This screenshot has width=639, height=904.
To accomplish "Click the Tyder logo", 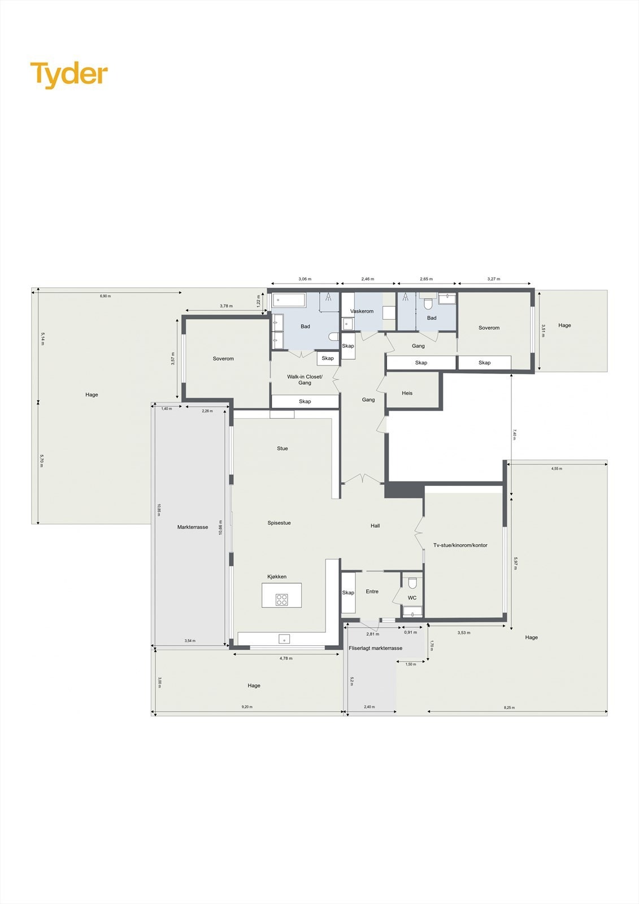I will (x=69, y=75).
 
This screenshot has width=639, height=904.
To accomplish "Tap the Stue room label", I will (x=282, y=449).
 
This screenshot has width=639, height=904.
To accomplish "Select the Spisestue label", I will (x=279, y=523).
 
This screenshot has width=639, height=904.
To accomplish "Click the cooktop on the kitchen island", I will (x=281, y=599).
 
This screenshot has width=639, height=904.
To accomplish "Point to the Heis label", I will (x=407, y=393).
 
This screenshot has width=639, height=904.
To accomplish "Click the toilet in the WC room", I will (x=412, y=583).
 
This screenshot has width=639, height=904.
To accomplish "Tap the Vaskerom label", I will (x=362, y=311).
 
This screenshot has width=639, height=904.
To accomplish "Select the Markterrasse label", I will (x=193, y=527).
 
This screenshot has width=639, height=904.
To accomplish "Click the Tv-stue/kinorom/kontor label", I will (x=460, y=545).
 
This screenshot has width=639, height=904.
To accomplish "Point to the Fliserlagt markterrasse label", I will (x=376, y=648).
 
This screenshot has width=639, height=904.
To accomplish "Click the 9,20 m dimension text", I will (x=247, y=707).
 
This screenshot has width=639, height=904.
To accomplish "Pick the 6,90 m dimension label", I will (x=105, y=296).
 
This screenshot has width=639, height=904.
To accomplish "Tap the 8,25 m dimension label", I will (x=509, y=707).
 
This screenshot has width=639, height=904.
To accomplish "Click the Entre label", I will (x=372, y=592).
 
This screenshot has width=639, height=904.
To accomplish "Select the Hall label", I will (x=375, y=526).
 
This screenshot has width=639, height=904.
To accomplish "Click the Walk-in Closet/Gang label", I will (x=305, y=380).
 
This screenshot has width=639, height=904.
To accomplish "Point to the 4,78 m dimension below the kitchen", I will (x=286, y=658).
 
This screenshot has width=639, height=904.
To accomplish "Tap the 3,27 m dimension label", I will (x=494, y=279).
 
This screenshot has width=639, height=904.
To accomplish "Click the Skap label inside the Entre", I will (x=348, y=593).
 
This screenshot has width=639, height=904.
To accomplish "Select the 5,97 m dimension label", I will (x=515, y=563).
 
